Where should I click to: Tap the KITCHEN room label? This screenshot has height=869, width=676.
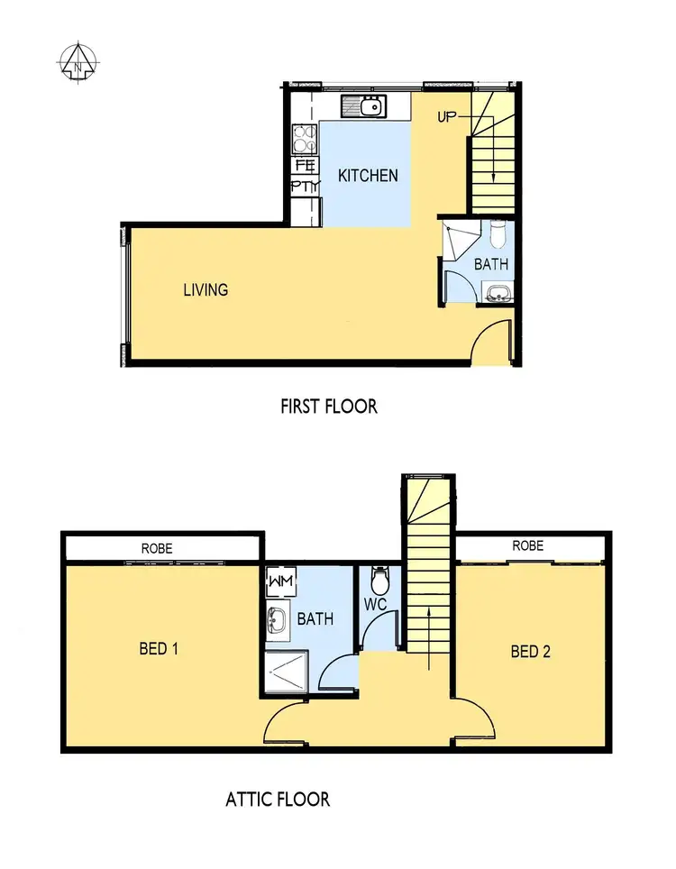pyautogui.click(x=368, y=175)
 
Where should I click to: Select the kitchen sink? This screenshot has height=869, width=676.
pyautogui.click(x=369, y=107)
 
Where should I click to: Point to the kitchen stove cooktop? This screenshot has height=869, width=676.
pyautogui.click(x=305, y=138)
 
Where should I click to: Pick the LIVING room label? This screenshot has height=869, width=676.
pyautogui.click(x=206, y=289)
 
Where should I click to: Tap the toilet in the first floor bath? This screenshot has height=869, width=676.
pyautogui.click(x=498, y=234)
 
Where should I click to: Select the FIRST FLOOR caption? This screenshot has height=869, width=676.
pyautogui.click(x=329, y=406)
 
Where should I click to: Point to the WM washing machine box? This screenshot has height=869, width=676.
pyautogui.click(x=277, y=581)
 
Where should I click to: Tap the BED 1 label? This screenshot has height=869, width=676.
pyautogui.click(x=158, y=648)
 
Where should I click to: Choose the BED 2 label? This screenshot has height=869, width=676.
pyautogui.click(x=530, y=651)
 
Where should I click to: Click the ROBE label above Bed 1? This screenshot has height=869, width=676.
pyautogui.click(x=156, y=548)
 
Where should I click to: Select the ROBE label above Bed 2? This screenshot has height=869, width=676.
pyautogui.click(x=527, y=545)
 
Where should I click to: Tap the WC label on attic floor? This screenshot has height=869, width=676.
pyautogui.click(x=376, y=604)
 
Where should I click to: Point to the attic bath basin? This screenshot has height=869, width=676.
pyautogui.click(x=277, y=619)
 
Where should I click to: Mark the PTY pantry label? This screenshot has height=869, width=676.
pyautogui.click(x=305, y=187)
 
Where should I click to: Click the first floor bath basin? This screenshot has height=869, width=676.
pyautogui.click(x=497, y=291)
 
